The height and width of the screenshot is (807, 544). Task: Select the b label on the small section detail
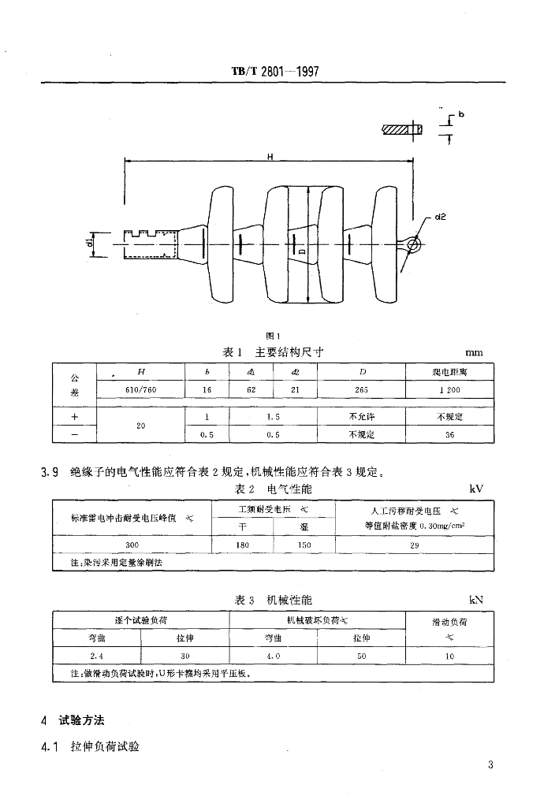point(461,114)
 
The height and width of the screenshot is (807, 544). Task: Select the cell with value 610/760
point(142,390)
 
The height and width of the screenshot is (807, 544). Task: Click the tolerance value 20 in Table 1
point(141,426)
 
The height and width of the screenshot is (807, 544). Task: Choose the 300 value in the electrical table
point(132,545)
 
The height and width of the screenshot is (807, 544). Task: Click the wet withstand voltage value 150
point(304,545)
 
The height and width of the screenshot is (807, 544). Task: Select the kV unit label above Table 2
point(475,489)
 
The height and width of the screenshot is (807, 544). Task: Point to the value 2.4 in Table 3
point(97,656)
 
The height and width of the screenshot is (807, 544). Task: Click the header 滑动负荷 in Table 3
point(449,622)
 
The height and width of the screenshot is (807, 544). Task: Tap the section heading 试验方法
point(82,720)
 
